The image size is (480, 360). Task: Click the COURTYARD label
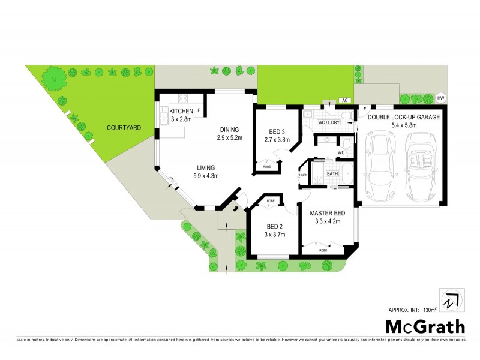124,128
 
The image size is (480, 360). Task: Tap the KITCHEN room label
181,112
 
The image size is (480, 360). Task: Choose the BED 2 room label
275,226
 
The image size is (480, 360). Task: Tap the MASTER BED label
327,213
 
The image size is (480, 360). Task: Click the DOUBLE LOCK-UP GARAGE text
404,118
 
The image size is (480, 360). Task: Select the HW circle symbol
441,98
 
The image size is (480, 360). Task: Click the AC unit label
345,100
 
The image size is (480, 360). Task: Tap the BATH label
332,174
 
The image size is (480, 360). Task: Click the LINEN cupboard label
304,175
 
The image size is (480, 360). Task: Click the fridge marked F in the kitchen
199,110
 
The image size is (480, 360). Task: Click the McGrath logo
424,327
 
